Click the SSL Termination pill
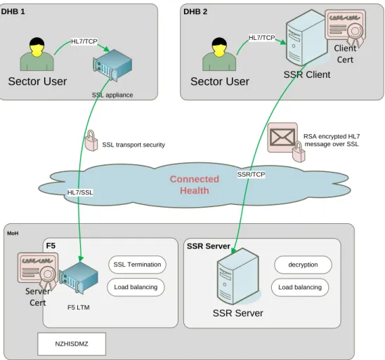click(x=137, y=265)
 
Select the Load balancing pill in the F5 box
click(x=136, y=287)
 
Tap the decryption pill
click(x=303, y=265)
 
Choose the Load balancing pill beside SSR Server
click(x=300, y=287)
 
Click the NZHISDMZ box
click(x=72, y=344)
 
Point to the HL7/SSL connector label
click(x=80, y=192)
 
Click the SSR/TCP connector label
click(x=251, y=174)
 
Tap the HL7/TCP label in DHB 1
click(x=84, y=41)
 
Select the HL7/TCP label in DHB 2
click(x=262, y=37)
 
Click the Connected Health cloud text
click(x=195, y=185)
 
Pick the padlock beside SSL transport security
click(x=91, y=140)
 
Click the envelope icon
click(x=282, y=138)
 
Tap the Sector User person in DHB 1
click(x=37, y=54)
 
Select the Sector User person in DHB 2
click(x=219, y=54)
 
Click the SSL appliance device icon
click(x=112, y=65)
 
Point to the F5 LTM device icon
click(x=79, y=277)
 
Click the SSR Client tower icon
click(x=307, y=37)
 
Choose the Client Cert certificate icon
click(x=346, y=27)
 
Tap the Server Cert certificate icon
click(x=38, y=270)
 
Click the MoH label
click(x=13, y=233)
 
